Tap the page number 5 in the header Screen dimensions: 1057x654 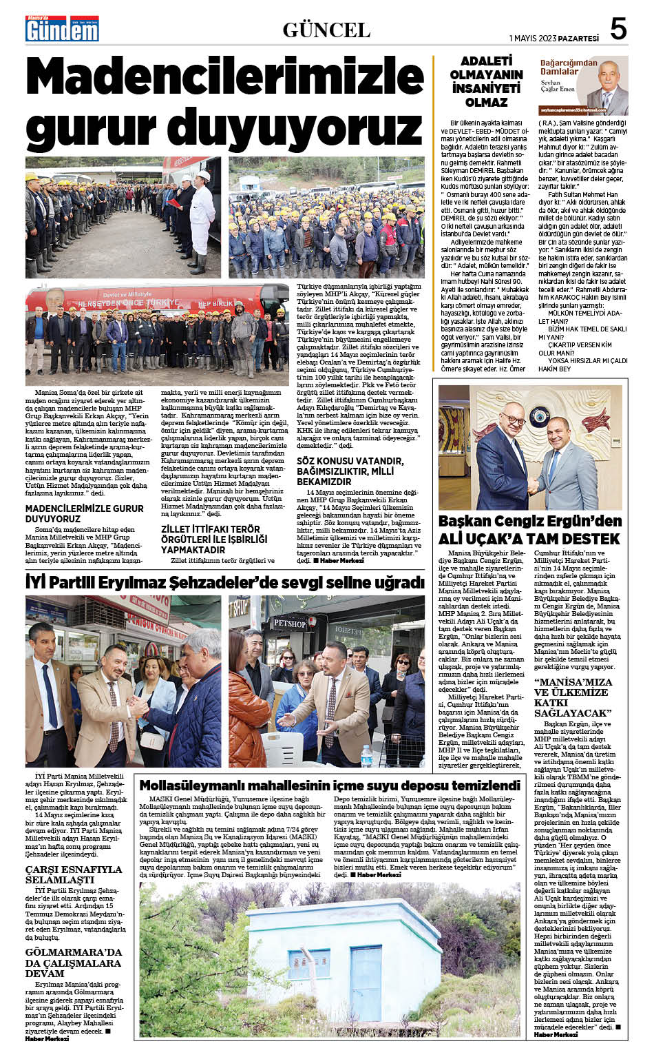coord(618,30)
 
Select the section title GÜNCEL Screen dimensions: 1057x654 coord(326,30)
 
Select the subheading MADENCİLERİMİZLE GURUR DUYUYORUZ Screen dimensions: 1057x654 coord(85,513)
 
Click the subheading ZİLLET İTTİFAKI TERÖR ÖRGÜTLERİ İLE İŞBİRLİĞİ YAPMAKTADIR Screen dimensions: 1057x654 coord(213,540)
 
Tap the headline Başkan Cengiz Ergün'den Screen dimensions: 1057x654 coord(530,521)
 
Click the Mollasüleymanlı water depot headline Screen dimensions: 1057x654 coord(330,786)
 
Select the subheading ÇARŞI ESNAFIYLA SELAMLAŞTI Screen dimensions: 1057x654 coord(74,874)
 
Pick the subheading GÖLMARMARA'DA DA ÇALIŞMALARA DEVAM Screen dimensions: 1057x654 coord(74,963)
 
